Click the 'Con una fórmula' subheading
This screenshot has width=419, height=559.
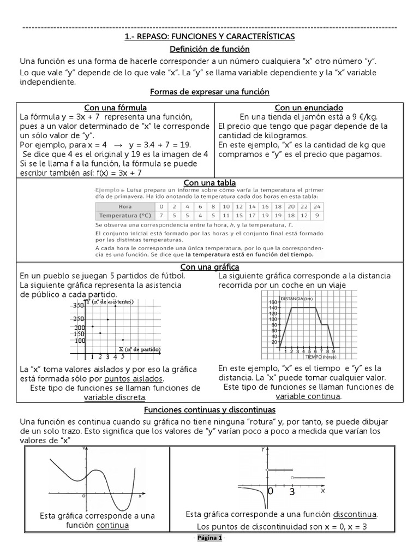pos(115,107)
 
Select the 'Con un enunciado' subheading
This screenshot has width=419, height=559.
pos(308,107)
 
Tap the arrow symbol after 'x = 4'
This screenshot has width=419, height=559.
pos(117,145)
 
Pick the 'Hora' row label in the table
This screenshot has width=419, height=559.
pos(125,207)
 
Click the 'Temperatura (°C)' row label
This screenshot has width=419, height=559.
pos(125,216)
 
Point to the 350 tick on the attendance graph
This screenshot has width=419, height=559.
pos(79,306)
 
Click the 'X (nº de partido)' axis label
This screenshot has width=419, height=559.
pos(140,348)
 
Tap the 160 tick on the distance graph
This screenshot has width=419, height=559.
pos(273,302)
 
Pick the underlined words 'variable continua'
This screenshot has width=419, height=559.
pos(308,396)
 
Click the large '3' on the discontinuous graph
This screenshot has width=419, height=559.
pos(292,492)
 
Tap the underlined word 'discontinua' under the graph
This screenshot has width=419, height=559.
pos(355,514)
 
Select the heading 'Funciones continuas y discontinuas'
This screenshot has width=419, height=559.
pos(209,409)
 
